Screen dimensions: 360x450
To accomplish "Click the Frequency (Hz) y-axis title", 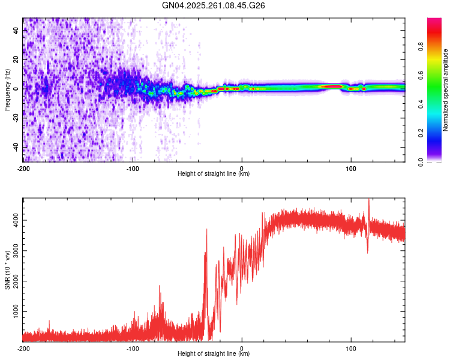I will click(7, 88).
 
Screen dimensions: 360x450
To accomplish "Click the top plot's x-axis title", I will click(214, 173).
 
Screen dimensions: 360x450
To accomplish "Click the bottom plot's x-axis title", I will click(214, 353).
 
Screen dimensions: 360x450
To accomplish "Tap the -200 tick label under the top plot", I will click(23, 168).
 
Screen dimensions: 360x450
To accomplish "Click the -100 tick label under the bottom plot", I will click(133, 348).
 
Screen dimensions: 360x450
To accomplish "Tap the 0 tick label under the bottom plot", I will click(242, 348).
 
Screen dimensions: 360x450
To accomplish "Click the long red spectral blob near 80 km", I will click(331, 87).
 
